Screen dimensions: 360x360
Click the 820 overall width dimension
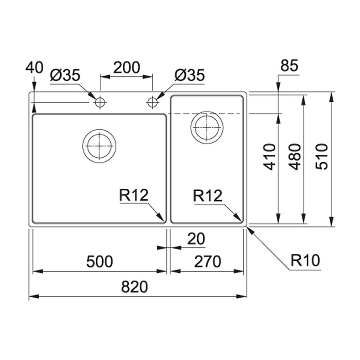135,288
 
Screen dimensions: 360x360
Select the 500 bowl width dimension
100,262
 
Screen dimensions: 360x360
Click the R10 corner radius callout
305,261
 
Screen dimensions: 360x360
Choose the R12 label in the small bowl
207,196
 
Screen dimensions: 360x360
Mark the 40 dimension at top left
34,68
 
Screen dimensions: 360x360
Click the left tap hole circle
100,103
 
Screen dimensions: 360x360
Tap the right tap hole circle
152,103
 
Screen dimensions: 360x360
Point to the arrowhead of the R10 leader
248,228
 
